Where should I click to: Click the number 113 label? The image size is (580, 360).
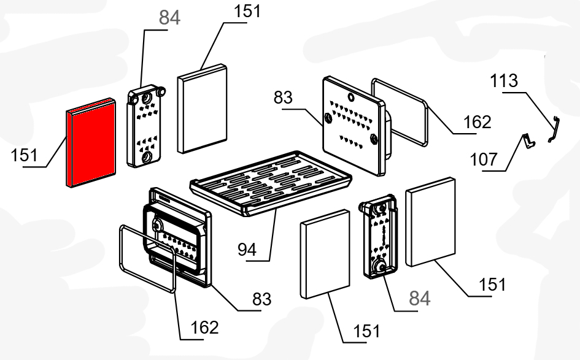point(504,81)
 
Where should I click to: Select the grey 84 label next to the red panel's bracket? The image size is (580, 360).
point(170,18)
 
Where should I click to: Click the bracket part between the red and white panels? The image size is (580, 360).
point(145,127)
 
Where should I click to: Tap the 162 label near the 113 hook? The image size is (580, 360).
point(478,122)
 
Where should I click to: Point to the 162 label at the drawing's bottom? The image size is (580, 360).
point(204,328)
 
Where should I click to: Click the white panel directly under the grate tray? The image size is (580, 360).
point(325,251)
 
